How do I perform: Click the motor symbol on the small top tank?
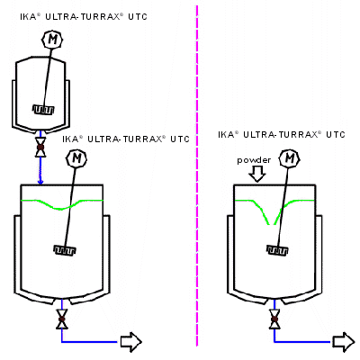click(x=53, y=40)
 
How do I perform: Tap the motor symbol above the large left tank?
click(x=76, y=158)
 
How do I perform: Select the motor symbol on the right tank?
click(x=289, y=158)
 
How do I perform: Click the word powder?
click(x=254, y=160)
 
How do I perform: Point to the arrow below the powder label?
click(x=257, y=174)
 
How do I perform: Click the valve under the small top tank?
click(x=40, y=148)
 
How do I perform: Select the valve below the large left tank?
click(x=62, y=319)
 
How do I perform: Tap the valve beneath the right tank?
click(x=274, y=319)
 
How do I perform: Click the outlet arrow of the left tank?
click(x=130, y=342)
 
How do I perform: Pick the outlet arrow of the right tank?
click(x=344, y=342)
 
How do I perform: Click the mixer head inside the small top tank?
click(x=43, y=110)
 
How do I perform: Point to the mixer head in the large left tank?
click(x=65, y=249)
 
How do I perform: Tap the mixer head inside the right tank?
click(x=277, y=250)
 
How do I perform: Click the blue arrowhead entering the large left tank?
click(x=40, y=182)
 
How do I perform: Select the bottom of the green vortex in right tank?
click(x=271, y=224)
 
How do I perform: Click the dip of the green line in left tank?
click(x=61, y=209)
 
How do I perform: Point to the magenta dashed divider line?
click(x=197, y=175)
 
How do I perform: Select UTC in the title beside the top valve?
click(x=180, y=139)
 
